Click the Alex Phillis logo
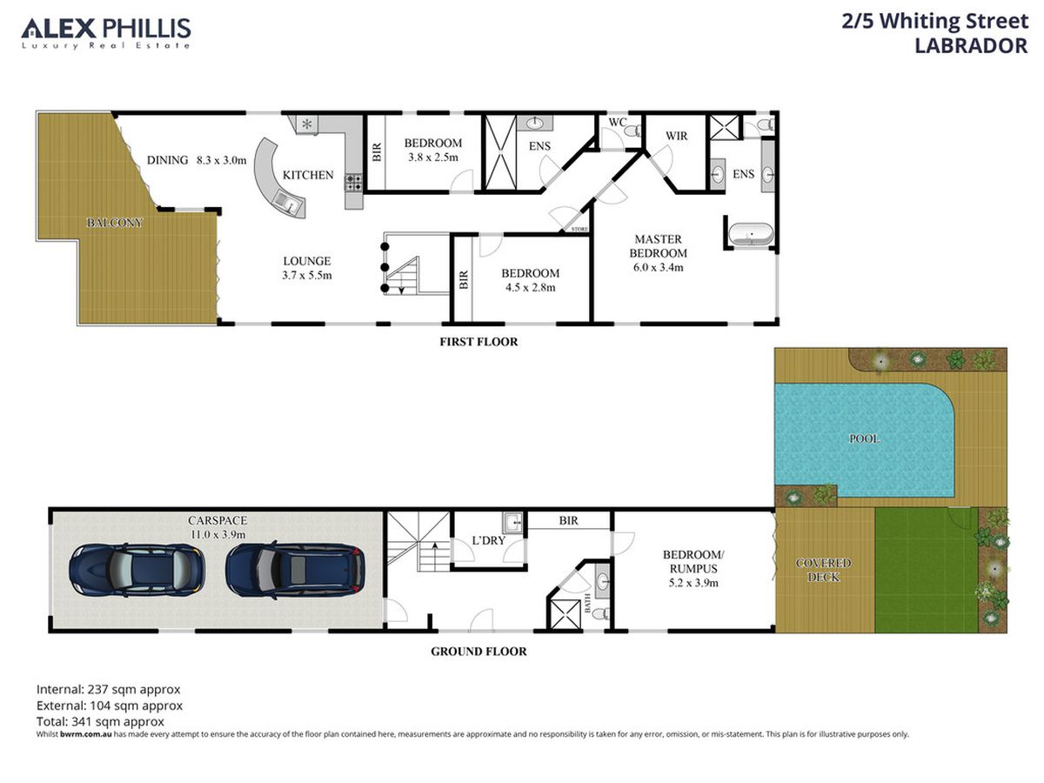click(106, 33)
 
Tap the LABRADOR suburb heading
click(971, 46)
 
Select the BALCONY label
click(114, 223)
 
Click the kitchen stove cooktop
click(353, 183)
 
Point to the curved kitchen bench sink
click(289, 204)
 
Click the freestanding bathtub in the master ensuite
click(751, 234)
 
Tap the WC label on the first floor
click(618, 122)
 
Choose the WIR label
click(676, 136)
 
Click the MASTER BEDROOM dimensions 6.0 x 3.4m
click(659, 267)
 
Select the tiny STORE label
click(579, 229)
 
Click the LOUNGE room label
click(307, 261)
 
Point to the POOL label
click(864, 438)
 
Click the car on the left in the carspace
click(137, 570)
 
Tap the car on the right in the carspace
click(295, 570)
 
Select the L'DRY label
click(488, 540)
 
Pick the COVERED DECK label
click(823, 570)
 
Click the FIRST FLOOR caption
click(478, 342)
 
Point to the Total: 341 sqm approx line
click(100, 721)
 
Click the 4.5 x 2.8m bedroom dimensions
click(531, 287)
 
